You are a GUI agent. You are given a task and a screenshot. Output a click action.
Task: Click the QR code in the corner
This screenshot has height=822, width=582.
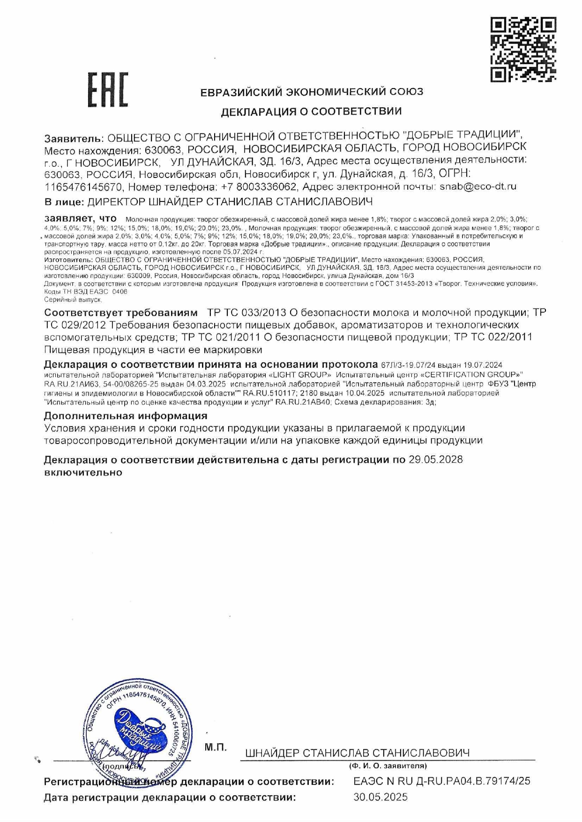[x=523, y=49]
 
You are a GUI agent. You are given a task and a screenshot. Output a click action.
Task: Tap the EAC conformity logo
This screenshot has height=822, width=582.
[x=108, y=89]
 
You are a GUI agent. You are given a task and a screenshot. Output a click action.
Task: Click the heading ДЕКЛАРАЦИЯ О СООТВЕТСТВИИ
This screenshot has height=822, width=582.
[x=311, y=111]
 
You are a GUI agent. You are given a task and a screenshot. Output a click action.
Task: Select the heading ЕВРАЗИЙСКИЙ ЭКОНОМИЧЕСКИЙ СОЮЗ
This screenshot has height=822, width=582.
[x=312, y=92]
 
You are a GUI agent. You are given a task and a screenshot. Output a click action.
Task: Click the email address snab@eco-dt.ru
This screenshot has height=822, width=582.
[x=478, y=186]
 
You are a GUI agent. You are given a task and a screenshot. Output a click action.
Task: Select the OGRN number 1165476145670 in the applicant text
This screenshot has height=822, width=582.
[x=83, y=187]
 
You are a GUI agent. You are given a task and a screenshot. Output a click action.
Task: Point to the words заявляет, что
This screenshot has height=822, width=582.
[x=80, y=219]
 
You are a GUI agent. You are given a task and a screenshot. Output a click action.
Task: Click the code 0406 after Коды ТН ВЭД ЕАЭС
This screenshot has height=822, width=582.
[x=120, y=291]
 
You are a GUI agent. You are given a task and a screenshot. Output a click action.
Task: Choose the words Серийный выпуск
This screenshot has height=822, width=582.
[x=73, y=299]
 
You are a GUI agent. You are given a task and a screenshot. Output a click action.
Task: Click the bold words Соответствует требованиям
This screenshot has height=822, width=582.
[x=121, y=312]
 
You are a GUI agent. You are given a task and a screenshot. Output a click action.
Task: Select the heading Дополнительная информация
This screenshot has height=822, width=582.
[x=126, y=416]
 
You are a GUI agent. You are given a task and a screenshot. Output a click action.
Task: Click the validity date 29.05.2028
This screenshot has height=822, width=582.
[x=435, y=459]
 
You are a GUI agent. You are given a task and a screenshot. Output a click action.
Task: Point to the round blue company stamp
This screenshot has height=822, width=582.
[x=139, y=728]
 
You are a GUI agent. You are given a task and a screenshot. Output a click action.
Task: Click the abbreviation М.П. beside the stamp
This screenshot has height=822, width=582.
[x=216, y=747]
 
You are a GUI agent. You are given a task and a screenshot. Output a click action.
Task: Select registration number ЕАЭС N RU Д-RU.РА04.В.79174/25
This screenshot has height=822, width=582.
[x=441, y=781]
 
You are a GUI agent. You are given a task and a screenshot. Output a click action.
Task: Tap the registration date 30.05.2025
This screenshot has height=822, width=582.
[x=381, y=797]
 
